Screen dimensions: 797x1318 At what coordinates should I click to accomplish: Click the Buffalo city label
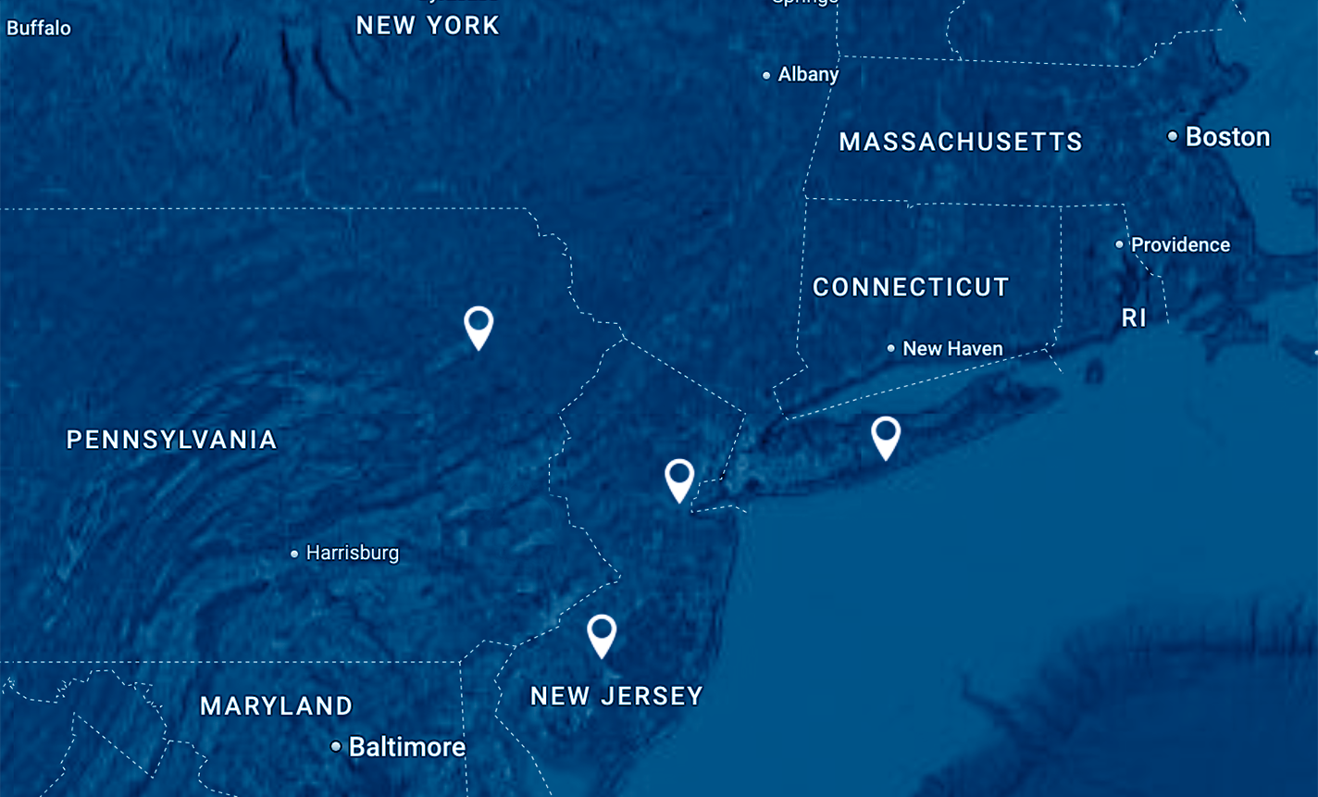(39, 28)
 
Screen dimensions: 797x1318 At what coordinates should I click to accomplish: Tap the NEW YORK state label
(428, 26)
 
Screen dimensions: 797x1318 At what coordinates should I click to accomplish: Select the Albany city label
(808, 75)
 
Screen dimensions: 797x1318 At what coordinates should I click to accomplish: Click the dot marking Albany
(766, 76)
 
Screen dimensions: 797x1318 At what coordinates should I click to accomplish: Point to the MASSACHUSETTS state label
(961, 142)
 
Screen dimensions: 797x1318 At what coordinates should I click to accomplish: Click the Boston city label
(1227, 137)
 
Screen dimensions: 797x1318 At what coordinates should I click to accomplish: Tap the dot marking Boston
(1172, 137)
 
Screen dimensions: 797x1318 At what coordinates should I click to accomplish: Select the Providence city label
(1180, 245)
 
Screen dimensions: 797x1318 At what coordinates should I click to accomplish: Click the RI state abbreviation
(1134, 318)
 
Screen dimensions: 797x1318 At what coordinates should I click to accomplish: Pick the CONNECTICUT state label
(911, 288)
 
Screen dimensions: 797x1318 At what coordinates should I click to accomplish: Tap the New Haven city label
(952, 349)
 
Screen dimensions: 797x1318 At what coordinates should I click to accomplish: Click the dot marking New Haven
(891, 349)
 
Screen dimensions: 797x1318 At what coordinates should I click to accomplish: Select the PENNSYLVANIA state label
(172, 440)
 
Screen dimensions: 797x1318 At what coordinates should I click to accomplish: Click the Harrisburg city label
(352, 554)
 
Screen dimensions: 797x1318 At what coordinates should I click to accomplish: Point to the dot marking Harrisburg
(294, 554)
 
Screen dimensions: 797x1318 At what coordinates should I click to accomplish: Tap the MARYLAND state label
(277, 706)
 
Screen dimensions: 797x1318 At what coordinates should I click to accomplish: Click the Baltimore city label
(406, 747)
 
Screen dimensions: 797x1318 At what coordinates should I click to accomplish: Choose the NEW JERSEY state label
(616, 696)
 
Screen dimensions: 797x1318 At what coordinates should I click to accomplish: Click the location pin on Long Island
(886, 435)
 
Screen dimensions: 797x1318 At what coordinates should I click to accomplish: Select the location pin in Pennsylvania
(479, 325)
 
